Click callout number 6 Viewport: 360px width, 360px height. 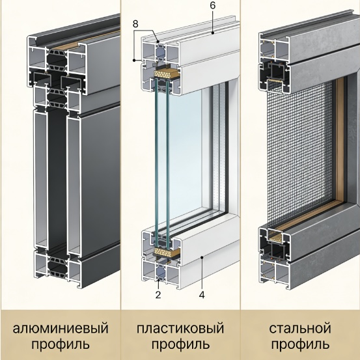[213, 5]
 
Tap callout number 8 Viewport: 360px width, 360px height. [135, 24]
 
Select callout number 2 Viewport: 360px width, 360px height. [158, 295]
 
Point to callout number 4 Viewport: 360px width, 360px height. [202, 295]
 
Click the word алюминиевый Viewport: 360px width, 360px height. [61, 328]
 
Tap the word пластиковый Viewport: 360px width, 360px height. [180, 328]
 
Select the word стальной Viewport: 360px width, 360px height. [300, 328]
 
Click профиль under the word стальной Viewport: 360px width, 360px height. [300, 344]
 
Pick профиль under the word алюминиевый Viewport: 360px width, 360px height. [61, 344]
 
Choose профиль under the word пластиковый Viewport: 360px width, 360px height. [180, 344]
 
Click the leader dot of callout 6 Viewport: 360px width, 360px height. [213, 33]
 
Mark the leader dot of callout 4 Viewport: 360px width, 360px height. [202, 258]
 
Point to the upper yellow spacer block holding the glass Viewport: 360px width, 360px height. [165, 74]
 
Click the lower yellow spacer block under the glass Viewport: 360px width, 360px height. [165, 253]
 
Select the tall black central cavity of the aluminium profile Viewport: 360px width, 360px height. [57, 179]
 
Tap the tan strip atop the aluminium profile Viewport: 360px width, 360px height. [87, 38]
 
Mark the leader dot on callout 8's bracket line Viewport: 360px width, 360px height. [134, 60]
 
